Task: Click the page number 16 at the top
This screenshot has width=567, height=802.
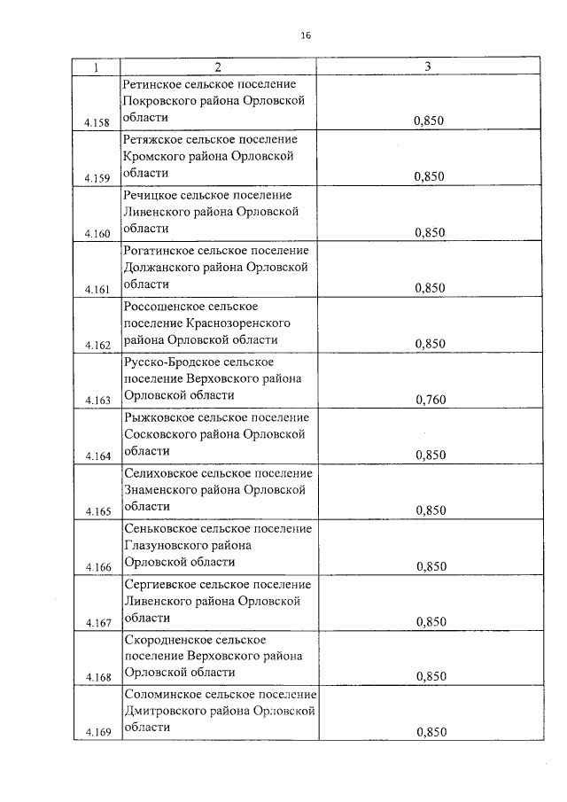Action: pos(306,35)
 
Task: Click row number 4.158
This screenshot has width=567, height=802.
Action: pos(97,122)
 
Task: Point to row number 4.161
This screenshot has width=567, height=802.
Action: pos(97,289)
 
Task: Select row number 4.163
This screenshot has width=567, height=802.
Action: pos(97,401)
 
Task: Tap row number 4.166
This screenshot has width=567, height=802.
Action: pos(97,567)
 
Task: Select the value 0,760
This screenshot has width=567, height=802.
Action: pos(430,400)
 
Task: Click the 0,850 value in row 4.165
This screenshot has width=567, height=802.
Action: pos(430,510)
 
